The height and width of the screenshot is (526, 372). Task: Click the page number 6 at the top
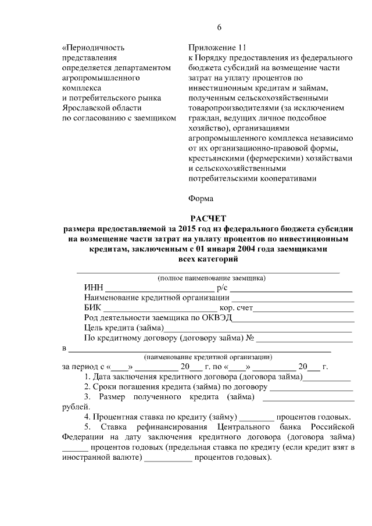point(220,28)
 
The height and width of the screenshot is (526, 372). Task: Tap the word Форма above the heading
point(201,198)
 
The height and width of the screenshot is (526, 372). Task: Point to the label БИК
point(92,308)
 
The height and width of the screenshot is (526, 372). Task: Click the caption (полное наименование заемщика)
point(208,278)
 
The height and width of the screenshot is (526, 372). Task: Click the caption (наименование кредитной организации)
point(208,357)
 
